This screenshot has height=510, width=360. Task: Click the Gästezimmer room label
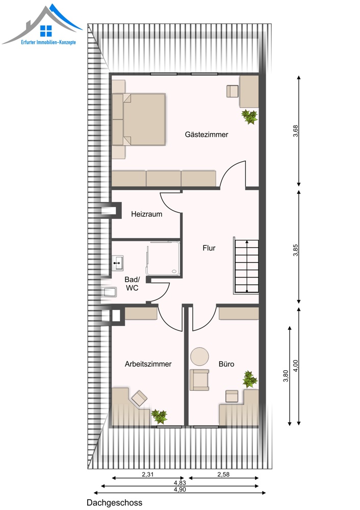pos(207,134)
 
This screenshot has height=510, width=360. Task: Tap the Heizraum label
pos(147,214)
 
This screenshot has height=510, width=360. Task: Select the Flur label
pos(209,248)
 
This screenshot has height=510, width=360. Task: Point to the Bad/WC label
pos(132,284)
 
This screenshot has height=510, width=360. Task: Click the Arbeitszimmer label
pos(148,364)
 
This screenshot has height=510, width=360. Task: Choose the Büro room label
pos(226,364)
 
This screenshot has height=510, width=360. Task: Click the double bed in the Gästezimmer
pos(139,119)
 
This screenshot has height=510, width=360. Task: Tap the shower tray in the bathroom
pos(163,259)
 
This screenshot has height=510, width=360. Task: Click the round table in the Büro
pos(199,356)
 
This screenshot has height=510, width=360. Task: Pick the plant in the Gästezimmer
pos(249,117)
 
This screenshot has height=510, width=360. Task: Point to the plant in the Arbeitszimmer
pos(160,416)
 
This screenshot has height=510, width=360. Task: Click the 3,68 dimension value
pos(295,131)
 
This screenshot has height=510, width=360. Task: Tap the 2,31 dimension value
pos(148,474)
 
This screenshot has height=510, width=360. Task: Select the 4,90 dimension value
pos(180,489)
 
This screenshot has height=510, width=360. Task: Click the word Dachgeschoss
pos(114,503)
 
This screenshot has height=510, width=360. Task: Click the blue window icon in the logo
pos(46,31)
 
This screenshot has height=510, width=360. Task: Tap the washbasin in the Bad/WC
pos(118,263)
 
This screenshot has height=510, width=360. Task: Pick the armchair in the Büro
pos(199,379)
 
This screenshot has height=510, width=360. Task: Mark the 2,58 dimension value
pos(223,474)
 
